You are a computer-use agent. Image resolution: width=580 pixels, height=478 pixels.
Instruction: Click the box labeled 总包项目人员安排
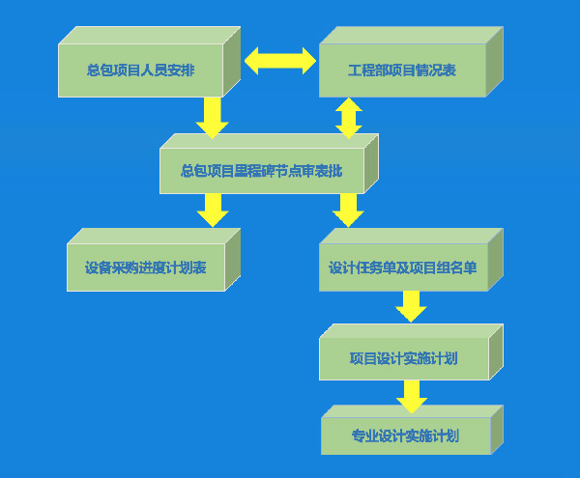tap(140, 70)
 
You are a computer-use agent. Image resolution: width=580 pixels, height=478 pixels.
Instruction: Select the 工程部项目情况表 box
tap(402, 70)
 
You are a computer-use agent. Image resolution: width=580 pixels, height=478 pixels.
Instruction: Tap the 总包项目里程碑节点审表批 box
tap(261, 171)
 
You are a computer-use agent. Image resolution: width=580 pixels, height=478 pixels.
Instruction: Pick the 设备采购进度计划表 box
tap(146, 267)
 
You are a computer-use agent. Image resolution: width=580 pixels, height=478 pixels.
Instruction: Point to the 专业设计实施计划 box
tap(405, 436)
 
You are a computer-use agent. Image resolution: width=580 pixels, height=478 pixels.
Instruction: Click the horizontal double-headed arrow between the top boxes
tap(280, 61)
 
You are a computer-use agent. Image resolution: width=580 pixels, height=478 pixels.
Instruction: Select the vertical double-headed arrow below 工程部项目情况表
tap(348, 117)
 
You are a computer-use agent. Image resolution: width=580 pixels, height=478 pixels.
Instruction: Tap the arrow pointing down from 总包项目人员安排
tap(212, 117)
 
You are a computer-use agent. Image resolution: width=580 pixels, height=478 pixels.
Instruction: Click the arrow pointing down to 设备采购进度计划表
tap(212, 210)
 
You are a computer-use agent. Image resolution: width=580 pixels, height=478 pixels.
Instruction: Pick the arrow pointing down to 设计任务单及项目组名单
tap(348, 210)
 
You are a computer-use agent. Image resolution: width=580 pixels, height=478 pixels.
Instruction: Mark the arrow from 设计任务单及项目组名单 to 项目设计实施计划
tap(411, 306)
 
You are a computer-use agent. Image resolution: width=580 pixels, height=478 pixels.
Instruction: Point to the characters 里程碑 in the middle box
tap(258, 171)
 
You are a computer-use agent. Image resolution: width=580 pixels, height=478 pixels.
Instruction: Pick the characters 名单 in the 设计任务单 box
tap(466, 267)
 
